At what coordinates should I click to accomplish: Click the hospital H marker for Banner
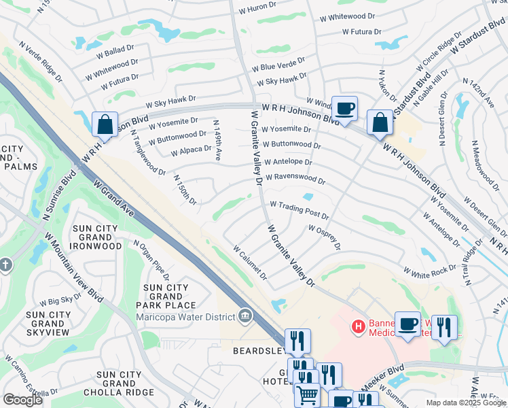click(x=358, y=327)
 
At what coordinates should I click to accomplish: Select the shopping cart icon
click(x=308, y=394)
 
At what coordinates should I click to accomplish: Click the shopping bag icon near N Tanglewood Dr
click(x=105, y=125)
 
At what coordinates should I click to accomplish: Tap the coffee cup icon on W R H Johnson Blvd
click(x=344, y=107)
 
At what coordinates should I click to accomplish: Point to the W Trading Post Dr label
click(x=300, y=209)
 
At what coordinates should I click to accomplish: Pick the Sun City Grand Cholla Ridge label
click(x=119, y=384)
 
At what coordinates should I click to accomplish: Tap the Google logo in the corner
click(x=22, y=400)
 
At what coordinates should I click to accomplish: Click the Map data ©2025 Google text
click(x=466, y=403)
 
